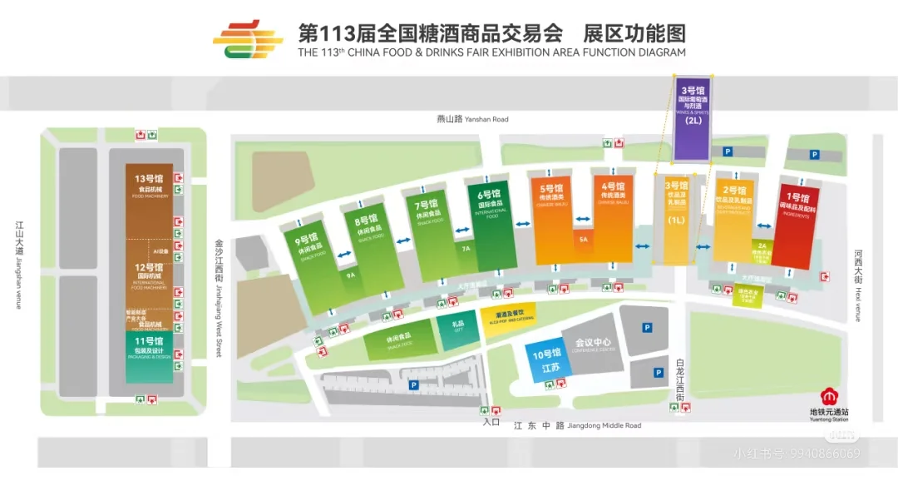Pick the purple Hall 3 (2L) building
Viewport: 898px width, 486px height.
693,117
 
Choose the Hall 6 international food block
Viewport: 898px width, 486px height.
490,225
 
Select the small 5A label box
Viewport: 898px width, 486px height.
583,240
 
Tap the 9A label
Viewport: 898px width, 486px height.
352,274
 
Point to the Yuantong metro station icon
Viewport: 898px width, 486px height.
828,396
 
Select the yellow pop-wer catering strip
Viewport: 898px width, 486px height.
508,317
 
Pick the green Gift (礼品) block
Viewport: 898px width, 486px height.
457,327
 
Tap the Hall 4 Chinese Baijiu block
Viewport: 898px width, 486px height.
614,218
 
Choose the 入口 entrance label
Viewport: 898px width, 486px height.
491,422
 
